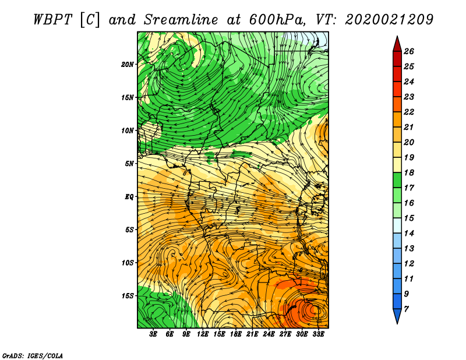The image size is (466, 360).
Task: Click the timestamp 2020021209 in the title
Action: click(389, 19)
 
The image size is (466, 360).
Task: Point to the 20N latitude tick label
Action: click(128, 64)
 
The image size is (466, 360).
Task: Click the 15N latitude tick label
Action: click(128, 97)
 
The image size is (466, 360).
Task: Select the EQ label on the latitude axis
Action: click(129, 197)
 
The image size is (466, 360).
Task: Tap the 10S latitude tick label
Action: click(128, 263)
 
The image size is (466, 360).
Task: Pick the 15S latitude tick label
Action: click(128, 296)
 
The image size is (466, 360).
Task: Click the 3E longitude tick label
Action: click(154, 334)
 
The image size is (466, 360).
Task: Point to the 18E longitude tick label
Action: click(236, 334)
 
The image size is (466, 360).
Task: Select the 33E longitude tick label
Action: click(319, 334)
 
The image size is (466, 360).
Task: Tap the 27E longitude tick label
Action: click(285, 334)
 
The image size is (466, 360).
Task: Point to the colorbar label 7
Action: click(406, 309)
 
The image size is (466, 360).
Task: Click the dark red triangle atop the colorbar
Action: click(396, 43)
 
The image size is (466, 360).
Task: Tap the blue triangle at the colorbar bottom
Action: click(396, 316)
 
